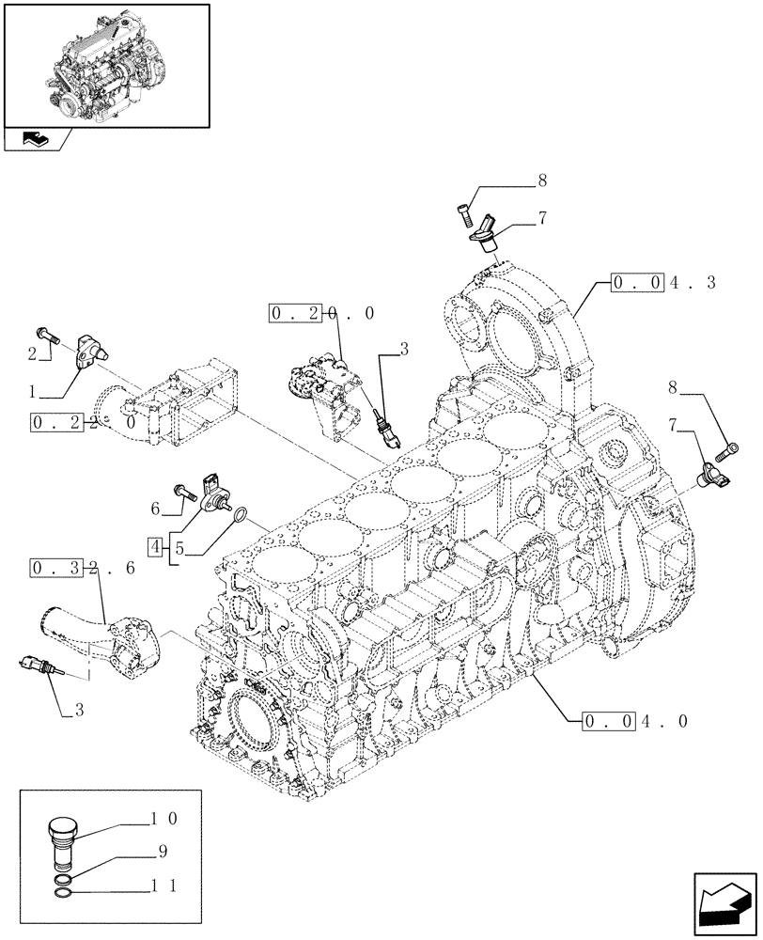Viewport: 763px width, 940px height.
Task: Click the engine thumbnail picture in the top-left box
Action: (105, 65)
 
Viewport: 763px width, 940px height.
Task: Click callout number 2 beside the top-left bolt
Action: (32, 352)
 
